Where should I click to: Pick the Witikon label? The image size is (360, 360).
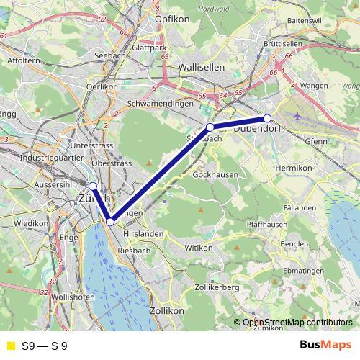click(199, 247)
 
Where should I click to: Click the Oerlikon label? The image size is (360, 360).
click(102, 86)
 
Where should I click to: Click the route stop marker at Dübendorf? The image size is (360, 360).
click(267, 118)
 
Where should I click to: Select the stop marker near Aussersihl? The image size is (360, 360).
click(92, 186)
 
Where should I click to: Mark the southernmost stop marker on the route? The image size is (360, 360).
click(110, 222)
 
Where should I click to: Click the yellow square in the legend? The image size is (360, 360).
click(10, 346)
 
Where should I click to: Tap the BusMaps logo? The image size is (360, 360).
click(326, 346)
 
